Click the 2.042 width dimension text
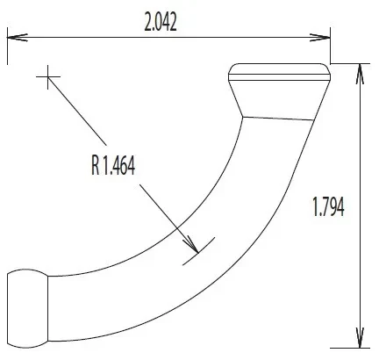pyautogui.click(x=161, y=23)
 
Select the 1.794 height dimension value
pyautogui.click(x=328, y=206)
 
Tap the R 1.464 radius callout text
pyautogui.click(x=113, y=166)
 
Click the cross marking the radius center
pyautogui.click(x=48, y=77)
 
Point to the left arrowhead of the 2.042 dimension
pyautogui.click(x=17, y=38)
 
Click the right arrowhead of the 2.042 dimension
pyautogui.click(x=320, y=38)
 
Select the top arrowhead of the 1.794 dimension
pyautogui.click(x=360, y=74)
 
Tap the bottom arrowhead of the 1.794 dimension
pyautogui.click(x=360, y=338)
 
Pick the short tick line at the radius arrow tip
pyautogui.click(x=199, y=251)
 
